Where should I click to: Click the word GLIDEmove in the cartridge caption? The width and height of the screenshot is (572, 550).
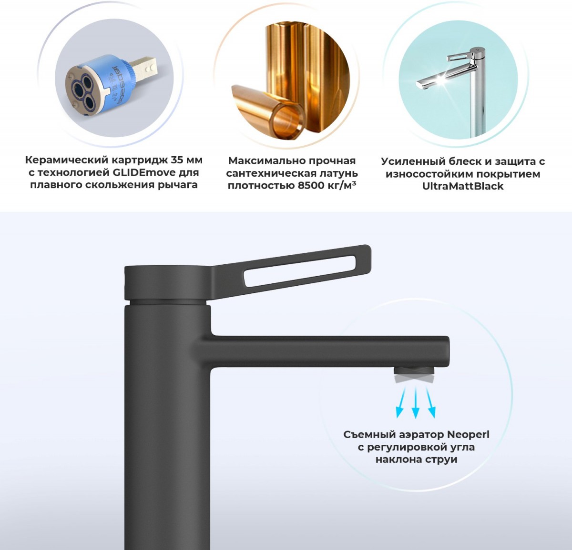144,172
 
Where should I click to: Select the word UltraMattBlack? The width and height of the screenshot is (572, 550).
463,186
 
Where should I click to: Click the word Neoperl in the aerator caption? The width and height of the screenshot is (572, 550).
468,435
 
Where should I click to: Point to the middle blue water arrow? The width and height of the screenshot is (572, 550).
415,402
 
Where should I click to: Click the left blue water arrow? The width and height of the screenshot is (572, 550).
400,402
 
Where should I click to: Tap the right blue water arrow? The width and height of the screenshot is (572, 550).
430,402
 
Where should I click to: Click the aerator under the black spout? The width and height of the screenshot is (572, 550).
414,375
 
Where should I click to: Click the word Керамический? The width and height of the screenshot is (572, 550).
67,160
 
